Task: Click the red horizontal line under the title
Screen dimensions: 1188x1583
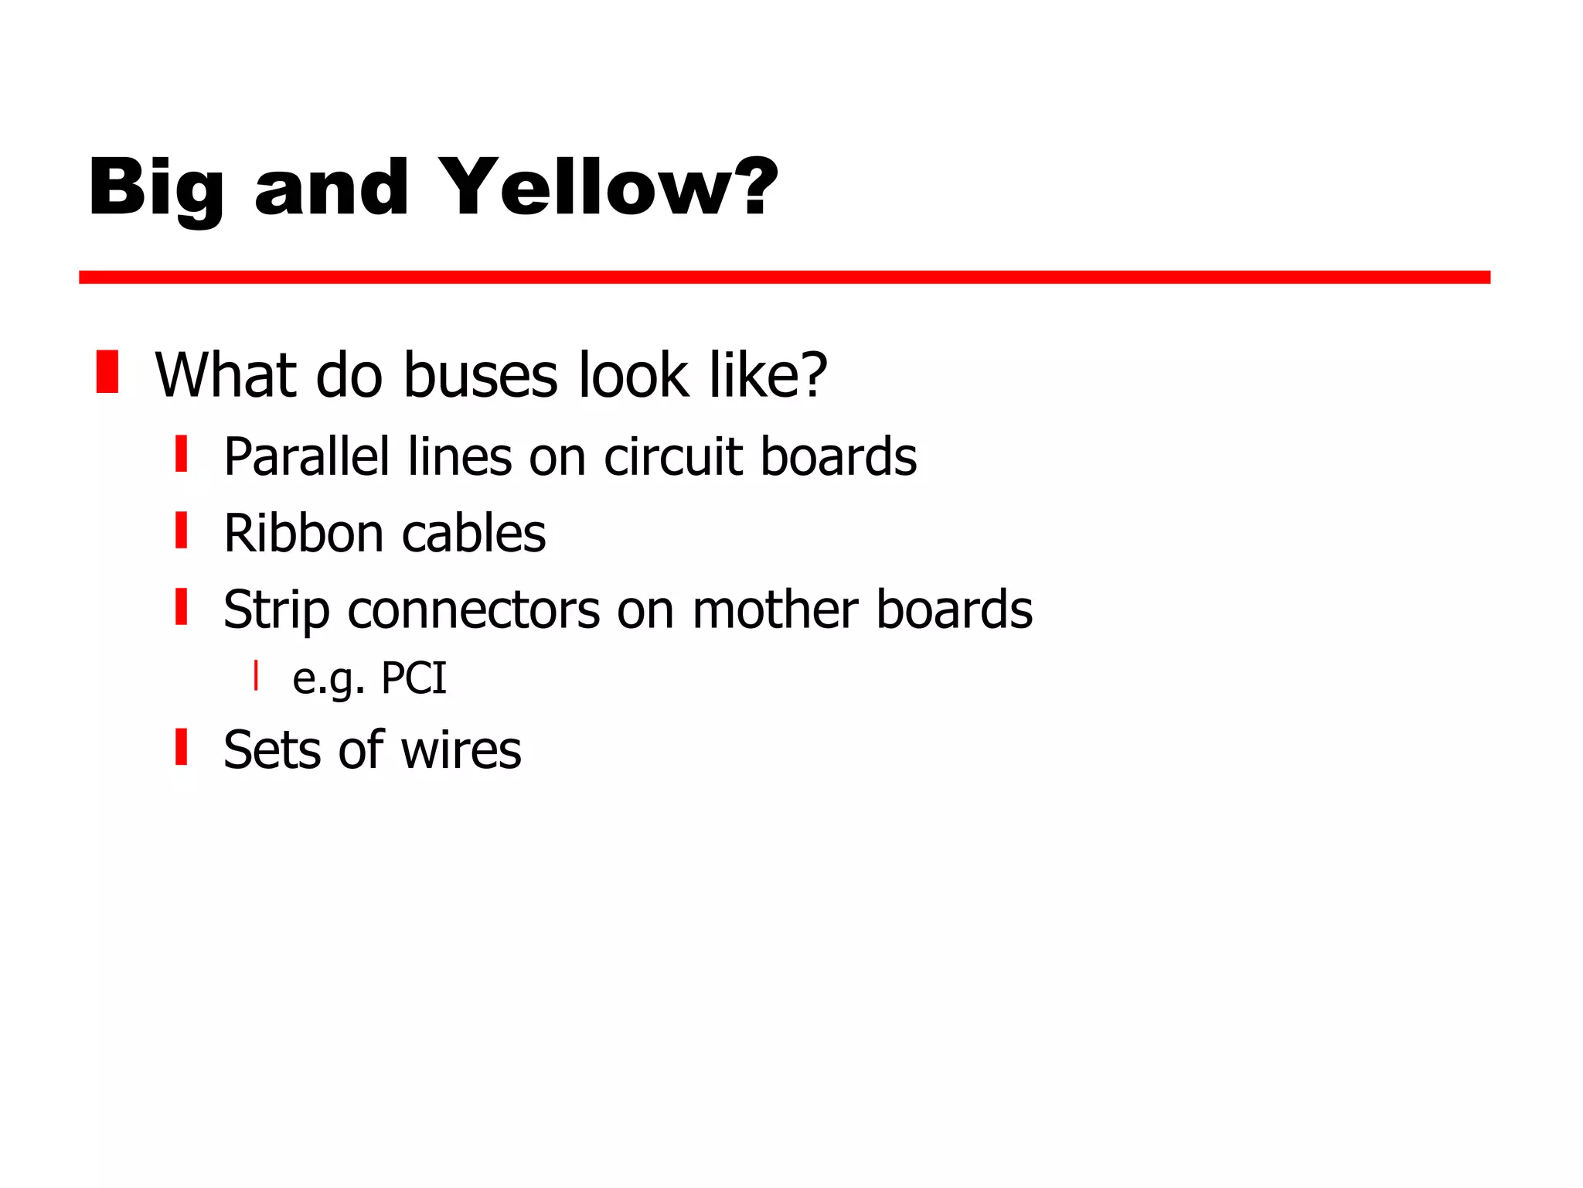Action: (x=784, y=277)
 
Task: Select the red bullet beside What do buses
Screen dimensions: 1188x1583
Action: (x=107, y=372)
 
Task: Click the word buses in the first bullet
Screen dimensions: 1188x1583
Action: (x=480, y=376)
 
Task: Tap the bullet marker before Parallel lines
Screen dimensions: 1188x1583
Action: (x=182, y=453)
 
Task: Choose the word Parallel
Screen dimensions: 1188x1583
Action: (x=306, y=456)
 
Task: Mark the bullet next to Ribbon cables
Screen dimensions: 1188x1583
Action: (x=182, y=530)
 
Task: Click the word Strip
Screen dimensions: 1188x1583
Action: (x=277, y=611)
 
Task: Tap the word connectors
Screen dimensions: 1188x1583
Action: (x=473, y=611)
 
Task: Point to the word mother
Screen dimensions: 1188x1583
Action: (x=775, y=610)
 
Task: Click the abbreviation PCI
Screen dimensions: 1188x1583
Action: (x=414, y=679)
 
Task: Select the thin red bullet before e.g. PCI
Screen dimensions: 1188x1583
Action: (x=256, y=675)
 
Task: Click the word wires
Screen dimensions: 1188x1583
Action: (x=461, y=750)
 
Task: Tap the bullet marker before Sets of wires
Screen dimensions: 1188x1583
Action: (x=182, y=746)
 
